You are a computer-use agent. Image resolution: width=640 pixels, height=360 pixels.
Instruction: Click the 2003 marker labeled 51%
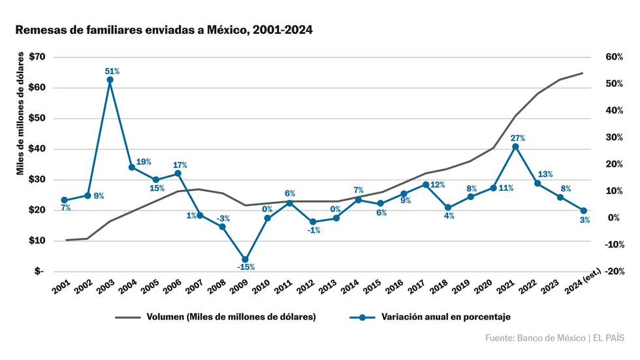pyautogui.click(x=110, y=80)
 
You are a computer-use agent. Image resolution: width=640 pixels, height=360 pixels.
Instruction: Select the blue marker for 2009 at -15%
pyautogui.click(x=245, y=259)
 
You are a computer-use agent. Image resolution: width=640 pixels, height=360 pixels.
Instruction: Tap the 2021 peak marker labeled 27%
pyautogui.click(x=515, y=147)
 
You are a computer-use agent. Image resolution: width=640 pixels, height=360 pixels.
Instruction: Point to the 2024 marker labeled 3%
pyautogui.click(x=583, y=210)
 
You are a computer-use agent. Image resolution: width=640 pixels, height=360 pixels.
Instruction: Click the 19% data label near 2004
pyautogui.click(x=144, y=161)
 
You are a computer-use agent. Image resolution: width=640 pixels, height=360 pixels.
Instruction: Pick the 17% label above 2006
pyautogui.click(x=180, y=165)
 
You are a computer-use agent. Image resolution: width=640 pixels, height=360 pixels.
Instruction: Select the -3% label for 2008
pyautogui.click(x=223, y=218)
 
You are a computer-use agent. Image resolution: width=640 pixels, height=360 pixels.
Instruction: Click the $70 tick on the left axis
pyautogui.click(x=36, y=57)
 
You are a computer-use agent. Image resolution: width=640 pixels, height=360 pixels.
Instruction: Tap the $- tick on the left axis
pyautogui.click(x=39, y=271)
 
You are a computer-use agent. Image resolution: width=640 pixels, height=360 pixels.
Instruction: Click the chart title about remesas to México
pyautogui.click(x=163, y=30)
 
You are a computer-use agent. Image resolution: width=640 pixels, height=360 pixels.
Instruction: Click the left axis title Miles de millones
pyautogui.click(x=21, y=114)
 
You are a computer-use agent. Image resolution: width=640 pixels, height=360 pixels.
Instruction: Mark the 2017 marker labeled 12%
pyautogui.click(x=426, y=184)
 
